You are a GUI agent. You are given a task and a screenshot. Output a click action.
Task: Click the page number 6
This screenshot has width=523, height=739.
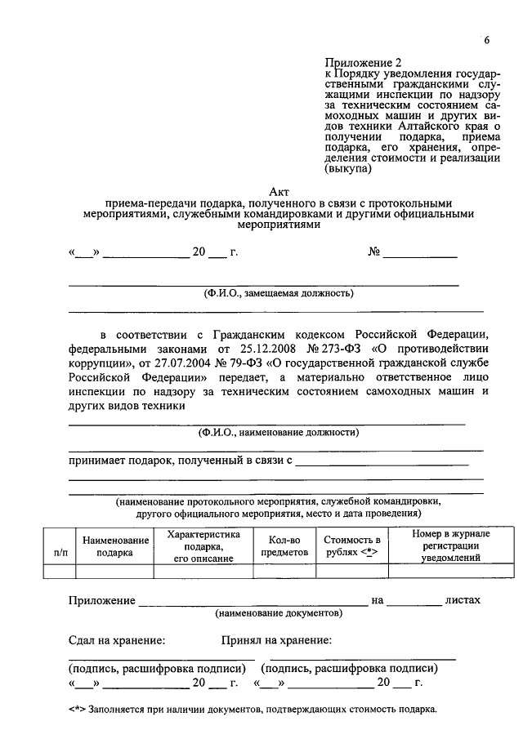[486, 41]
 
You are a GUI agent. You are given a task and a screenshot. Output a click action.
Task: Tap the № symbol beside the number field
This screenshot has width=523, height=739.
[375, 252]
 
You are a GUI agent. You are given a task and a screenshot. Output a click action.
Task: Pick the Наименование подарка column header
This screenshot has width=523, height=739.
[115, 546]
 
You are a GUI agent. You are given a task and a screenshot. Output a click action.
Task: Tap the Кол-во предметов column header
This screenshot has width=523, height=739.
[284, 546]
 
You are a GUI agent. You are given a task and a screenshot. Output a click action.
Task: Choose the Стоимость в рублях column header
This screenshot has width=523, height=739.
[352, 546]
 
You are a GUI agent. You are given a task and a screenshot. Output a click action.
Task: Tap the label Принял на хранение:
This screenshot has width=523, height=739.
[276, 641]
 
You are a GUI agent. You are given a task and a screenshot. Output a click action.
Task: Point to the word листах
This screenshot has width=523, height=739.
[463, 600]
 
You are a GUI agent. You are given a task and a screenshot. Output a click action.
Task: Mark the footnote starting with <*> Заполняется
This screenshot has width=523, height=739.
[253, 709]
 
